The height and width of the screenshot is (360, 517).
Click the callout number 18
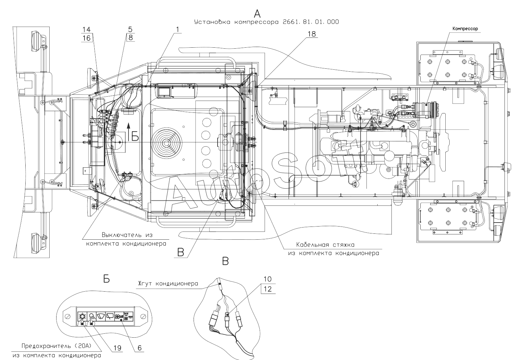(312, 34)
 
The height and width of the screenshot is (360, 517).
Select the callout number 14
(86, 29)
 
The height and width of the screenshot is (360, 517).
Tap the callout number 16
(86, 38)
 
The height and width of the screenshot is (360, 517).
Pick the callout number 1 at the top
(177, 29)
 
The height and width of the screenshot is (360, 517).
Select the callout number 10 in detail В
(268, 279)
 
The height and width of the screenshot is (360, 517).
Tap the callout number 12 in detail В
(268, 289)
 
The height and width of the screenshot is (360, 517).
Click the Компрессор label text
(465, 29)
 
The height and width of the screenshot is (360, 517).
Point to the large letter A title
(257, 14)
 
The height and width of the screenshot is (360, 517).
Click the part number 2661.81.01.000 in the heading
(311, 22)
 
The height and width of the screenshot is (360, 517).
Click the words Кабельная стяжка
(325, 245)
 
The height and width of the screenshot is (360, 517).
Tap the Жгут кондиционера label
(168, 283)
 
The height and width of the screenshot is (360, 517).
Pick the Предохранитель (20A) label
(57, 346)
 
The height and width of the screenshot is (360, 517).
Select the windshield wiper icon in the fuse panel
(101, 316)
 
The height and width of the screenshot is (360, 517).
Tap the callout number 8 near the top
(130, 37)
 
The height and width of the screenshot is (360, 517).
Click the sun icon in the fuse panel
(82, 316)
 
